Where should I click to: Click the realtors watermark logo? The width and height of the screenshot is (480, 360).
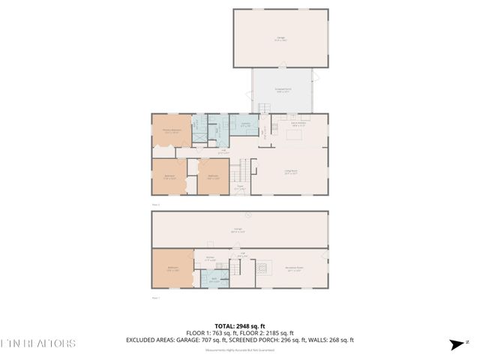click(x=37, y=343)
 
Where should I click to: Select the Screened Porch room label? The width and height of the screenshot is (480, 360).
click(x=282, y=90)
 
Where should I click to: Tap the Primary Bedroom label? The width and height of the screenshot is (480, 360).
click(x=172, y=130)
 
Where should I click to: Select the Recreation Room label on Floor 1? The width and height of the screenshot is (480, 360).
click(x=293, y=268)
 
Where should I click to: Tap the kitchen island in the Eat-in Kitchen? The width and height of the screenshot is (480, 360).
click(x=293, y=136)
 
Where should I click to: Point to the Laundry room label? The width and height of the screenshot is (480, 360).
click(x=245, y=125)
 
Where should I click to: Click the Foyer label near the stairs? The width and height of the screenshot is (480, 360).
click(x=240, y=187)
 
